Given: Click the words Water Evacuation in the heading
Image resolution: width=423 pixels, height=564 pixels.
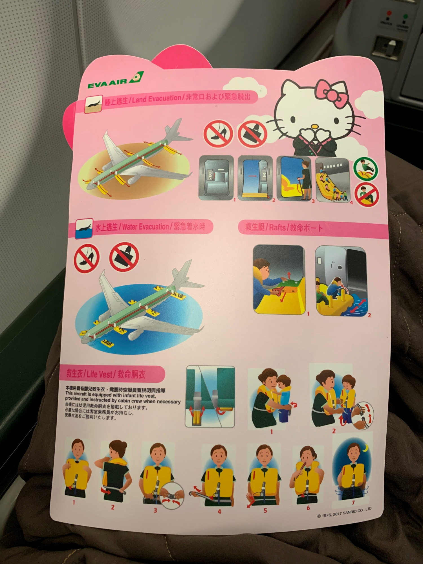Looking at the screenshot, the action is click(145, 227).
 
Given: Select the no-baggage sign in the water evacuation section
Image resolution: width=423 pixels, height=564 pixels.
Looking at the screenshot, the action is click(124, 256).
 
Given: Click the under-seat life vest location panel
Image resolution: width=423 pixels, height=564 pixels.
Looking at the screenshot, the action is click(210, 396).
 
